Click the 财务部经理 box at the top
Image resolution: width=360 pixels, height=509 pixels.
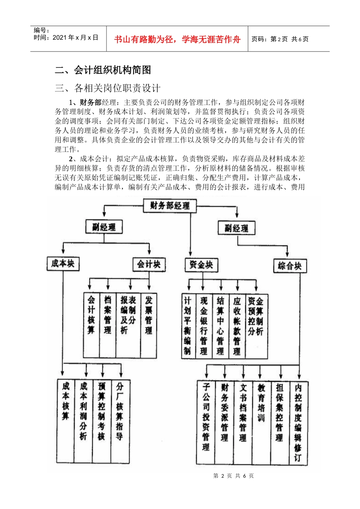(x=169, y=206)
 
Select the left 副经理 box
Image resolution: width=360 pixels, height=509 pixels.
(x=104, y=227)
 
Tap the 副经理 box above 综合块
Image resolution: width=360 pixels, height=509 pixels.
(x=236, y=228)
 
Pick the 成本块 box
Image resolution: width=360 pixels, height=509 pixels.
(x=63, y=264)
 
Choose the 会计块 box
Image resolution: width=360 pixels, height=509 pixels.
(x=149, y=264)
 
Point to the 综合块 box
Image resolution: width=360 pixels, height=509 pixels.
(x=290, y=266)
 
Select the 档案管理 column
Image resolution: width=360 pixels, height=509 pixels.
(x=108, y=325)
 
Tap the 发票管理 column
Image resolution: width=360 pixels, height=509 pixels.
(x=149, y=325)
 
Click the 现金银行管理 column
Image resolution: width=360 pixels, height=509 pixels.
(x=204, y=326)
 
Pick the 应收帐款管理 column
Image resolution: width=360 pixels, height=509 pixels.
(x=237, y=326)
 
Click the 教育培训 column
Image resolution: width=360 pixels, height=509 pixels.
(x=261, y=422)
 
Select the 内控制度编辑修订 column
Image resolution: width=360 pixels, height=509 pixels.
(x=298, y=423)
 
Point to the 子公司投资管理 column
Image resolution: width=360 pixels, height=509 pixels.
(x=206, y=422)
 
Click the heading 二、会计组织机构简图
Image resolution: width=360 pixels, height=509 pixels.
(x=103, y=70)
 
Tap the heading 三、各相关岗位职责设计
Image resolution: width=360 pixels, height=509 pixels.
(x=108, y=88)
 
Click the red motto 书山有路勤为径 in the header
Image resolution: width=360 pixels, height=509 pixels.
(x=177, y=39)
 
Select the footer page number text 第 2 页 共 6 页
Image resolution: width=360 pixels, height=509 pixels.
(x=233, y=476)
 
